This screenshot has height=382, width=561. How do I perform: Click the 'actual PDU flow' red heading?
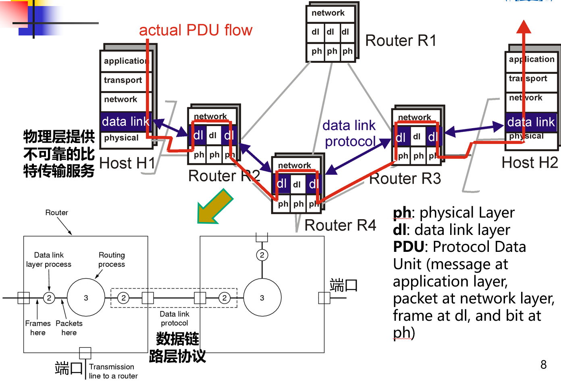point(195,30)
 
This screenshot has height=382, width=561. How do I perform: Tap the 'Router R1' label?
point(401,41)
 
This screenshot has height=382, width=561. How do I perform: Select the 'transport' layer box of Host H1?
point(123,80)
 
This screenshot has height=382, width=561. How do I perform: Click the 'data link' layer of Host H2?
point(531,122)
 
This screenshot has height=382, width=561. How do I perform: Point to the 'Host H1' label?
point(127,163)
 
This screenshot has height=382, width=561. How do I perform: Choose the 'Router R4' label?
point(340,225)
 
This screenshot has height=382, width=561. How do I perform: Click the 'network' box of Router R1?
point(328,13)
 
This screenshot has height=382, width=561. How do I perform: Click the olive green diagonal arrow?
point(214,207)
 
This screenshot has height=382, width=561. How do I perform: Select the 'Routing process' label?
point(112,260)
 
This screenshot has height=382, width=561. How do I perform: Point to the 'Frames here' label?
point(38,328)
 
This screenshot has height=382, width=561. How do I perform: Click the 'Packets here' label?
point(69,328)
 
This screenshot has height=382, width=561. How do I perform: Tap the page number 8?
point(543,365)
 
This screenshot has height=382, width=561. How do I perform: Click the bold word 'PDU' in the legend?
point(409,247)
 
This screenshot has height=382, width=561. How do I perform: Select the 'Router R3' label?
point(405,179)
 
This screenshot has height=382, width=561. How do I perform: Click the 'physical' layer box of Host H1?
point(121,138)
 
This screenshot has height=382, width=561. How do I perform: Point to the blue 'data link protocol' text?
point(350,133)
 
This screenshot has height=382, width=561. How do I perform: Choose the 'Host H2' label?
point(530,163)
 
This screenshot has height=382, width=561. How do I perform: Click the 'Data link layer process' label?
point(49,260)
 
